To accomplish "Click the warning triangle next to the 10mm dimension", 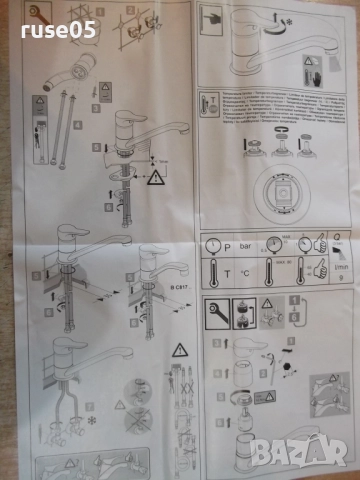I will click(x=156, y=179).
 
